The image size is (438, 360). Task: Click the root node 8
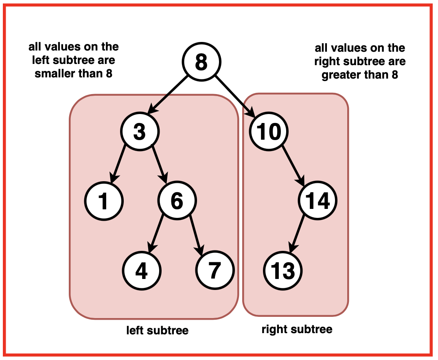coord(201,62)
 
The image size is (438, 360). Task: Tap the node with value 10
coord(269,132)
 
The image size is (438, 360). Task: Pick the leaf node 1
coord(104,201)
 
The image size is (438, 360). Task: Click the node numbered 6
coord(177,201)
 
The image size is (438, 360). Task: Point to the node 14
coord(318,201)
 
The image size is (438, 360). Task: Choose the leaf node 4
coord(141,270)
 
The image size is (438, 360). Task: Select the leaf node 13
coord(283,270)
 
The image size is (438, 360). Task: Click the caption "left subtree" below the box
coord(158,330)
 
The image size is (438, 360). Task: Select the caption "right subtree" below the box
coord(297,329)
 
